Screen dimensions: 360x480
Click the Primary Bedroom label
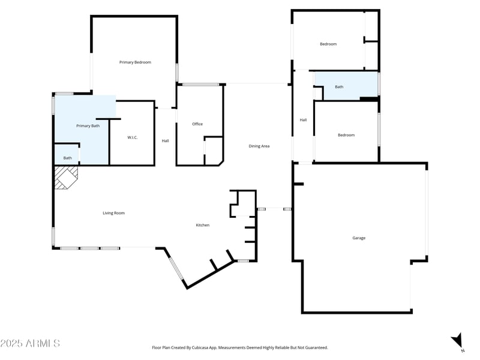coord(135,62)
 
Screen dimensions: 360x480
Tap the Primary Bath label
coord(88,126)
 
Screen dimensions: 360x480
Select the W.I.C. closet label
coord(133,138)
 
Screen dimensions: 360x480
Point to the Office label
coord(197,124)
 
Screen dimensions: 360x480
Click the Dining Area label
coord(259,146)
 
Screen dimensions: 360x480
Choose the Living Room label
coord(113,213)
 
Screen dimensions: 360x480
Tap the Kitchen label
coord(203,225)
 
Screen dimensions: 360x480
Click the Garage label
coord(359,238)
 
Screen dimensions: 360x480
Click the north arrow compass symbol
coord(458,340)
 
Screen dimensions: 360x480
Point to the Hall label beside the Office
coord(166,141)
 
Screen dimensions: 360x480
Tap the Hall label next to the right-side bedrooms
coord(303,120)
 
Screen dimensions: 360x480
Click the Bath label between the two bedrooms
coord(339,87)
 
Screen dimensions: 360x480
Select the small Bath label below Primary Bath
coord(68,158)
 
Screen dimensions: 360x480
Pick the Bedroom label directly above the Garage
coord(346,135)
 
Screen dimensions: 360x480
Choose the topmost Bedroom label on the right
coord(328,44)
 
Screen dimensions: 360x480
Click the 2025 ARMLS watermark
coord(30,343)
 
